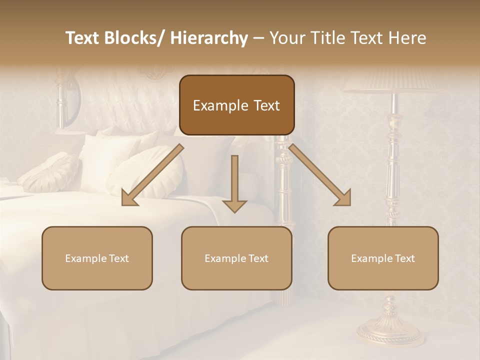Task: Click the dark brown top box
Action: (x=236, y=105)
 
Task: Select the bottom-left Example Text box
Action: (x=97, y=258)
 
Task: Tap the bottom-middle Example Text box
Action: (x=236, y=258)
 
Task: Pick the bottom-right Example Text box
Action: (x=383, y=258)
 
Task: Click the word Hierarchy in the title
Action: (x=209, y=38)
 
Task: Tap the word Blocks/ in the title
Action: (x=137, y=38)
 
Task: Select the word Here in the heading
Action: (x=408, y=38)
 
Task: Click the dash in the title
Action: (x=258, y=38)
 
